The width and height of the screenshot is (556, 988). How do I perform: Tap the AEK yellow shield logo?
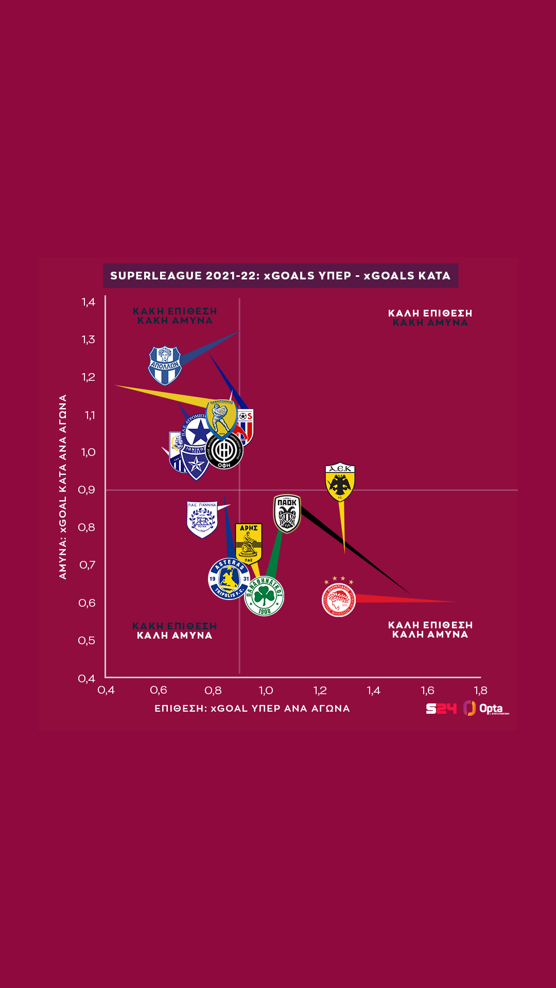tap(340, 482)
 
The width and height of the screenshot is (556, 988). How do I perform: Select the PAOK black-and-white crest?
tap(287, 513)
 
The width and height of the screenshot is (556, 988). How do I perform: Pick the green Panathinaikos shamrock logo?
tap(264, 596)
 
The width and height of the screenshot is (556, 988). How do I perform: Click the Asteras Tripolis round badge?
tap(229, 578)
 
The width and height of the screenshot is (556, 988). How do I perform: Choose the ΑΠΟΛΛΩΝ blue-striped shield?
tap(165, 365)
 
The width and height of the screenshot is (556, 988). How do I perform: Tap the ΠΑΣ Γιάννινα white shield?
tap(202, 519)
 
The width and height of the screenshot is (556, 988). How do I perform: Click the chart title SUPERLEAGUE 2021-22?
tap(281, 276)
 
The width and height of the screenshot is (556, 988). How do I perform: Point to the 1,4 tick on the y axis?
tap(89, 302)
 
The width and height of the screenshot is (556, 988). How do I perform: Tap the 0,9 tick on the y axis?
tap(87, 490)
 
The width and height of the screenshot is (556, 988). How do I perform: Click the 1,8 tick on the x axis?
tap(480, 691)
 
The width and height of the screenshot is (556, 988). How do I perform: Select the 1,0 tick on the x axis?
tap(266, 691)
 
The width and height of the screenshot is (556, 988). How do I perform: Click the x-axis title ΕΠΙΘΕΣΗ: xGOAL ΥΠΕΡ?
tap(252, 709)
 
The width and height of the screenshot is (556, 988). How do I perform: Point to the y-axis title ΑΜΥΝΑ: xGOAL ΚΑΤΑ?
tap(63, 486)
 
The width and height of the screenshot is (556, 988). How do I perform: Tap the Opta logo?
tap(486, 709)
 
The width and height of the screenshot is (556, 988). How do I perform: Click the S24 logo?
tap(441, 709)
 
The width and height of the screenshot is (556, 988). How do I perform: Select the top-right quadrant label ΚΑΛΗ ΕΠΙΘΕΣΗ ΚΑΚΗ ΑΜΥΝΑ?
tap(430, 318)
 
